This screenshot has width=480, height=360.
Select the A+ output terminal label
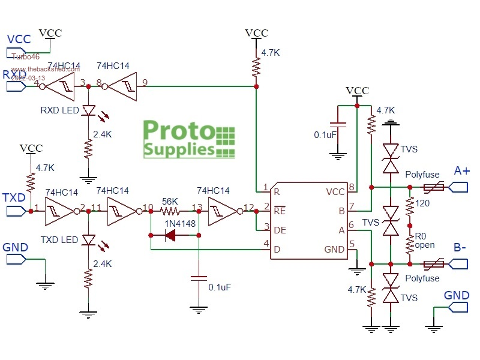pos(462,171)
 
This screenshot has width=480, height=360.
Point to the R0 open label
pos(425,241)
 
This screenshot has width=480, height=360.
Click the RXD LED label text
pos(59,111)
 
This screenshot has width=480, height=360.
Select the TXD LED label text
pos(59,240)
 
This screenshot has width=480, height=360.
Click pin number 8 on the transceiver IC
pos(352,187)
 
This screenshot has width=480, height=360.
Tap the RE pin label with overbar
pos(279,211)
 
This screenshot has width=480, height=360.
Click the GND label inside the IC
pos(335,249)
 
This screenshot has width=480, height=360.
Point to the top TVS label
pos(410,149)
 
